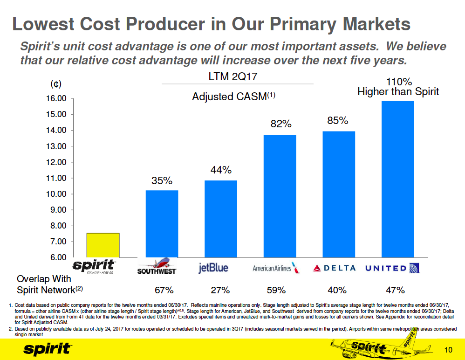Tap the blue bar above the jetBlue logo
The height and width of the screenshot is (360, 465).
coord(221,218)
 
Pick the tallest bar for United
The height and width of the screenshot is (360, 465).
coord(397,179)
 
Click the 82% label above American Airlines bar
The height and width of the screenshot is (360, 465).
coord(281,124)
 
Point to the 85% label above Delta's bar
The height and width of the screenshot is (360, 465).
coord(338,121)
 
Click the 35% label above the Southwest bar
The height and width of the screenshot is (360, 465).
coord(161,180)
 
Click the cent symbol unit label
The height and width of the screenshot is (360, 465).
coord(55,84)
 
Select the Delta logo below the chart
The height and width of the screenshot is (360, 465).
coord(335,268)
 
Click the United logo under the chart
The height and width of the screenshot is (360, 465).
coord(393,268)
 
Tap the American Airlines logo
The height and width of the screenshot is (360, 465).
coord(275,268)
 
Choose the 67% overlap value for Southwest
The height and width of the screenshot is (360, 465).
coord(164,290)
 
